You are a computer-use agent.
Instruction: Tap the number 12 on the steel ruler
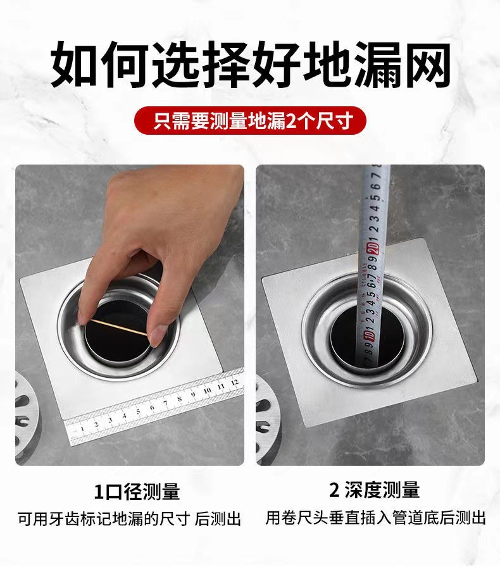[x=234, y=382]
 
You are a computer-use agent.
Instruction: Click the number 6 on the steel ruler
[x=152, y=407]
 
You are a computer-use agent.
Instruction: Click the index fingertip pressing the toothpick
[x=84, y=315]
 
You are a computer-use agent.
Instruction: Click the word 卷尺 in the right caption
[x=301, y=518]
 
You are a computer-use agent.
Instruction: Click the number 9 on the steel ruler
[x=192, y=395]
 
